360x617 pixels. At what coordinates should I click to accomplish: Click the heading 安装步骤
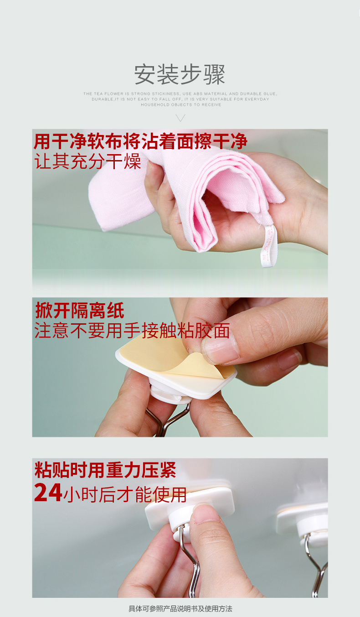tap(180, 74)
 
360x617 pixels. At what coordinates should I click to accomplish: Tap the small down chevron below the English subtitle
tap(180, 118)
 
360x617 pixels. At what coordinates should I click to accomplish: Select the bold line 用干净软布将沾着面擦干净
tap(140, 141)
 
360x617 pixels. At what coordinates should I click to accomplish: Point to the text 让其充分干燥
tap(87, 161)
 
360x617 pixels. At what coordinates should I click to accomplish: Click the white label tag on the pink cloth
tap(268, 246)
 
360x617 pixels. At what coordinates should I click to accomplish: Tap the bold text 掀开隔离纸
tap(80, 311)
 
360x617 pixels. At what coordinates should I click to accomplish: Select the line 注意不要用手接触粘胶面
tap(132, 331)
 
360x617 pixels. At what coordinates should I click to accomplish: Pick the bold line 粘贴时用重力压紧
tap(105, 470)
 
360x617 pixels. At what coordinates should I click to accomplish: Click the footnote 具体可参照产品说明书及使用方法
tap(180, 608)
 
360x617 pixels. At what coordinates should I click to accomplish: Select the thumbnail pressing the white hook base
tap(207, 512)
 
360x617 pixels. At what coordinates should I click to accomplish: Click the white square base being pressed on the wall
tap(190, 501)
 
